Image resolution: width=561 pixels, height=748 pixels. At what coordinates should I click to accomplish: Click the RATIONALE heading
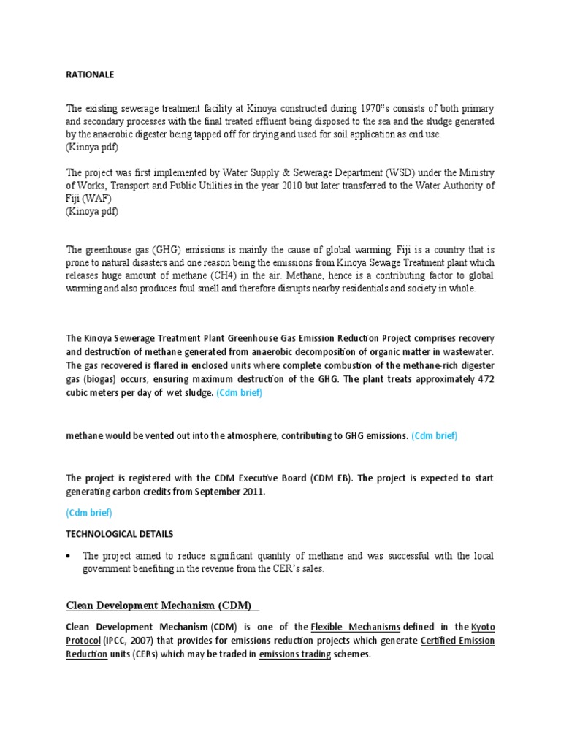pyautogui.click(x=91, y=75)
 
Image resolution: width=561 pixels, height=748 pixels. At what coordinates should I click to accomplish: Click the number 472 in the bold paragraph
pyautogui.click(x=482, y=379)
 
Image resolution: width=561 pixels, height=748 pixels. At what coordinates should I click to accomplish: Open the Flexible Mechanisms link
pyautogui.click(x=355, y=627)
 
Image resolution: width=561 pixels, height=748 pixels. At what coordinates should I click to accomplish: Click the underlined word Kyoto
pyautogui.click(x=482, y=627)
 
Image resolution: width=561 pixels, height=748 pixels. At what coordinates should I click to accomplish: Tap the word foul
pyautogui.click(x=203, y=289)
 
